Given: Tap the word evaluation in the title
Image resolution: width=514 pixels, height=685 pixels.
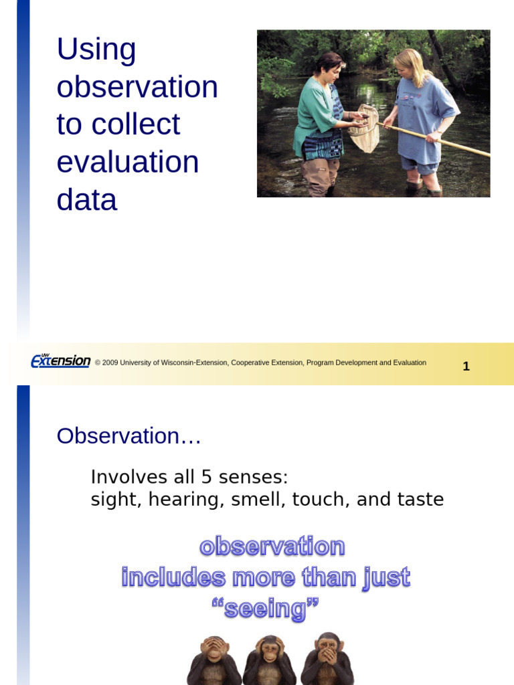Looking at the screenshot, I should pos(128,163).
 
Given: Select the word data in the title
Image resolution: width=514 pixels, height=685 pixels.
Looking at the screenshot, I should pos(87,200).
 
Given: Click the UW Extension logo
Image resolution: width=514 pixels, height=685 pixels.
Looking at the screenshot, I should pos(60,361).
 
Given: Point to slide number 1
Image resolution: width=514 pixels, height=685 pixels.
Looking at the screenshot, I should pos(466,367).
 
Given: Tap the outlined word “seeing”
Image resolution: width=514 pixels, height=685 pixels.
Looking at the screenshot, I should pos(266,609).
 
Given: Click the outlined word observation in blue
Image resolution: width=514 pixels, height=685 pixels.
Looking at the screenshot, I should pos(272,547).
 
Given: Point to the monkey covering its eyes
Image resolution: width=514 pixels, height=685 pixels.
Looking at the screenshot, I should pos(213,659).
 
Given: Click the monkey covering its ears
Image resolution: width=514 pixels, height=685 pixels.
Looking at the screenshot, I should pos(270,659).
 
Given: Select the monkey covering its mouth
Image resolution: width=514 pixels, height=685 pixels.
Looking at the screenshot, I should pos(327,659).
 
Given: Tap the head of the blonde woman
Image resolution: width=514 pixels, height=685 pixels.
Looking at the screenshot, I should pos(406,64).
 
